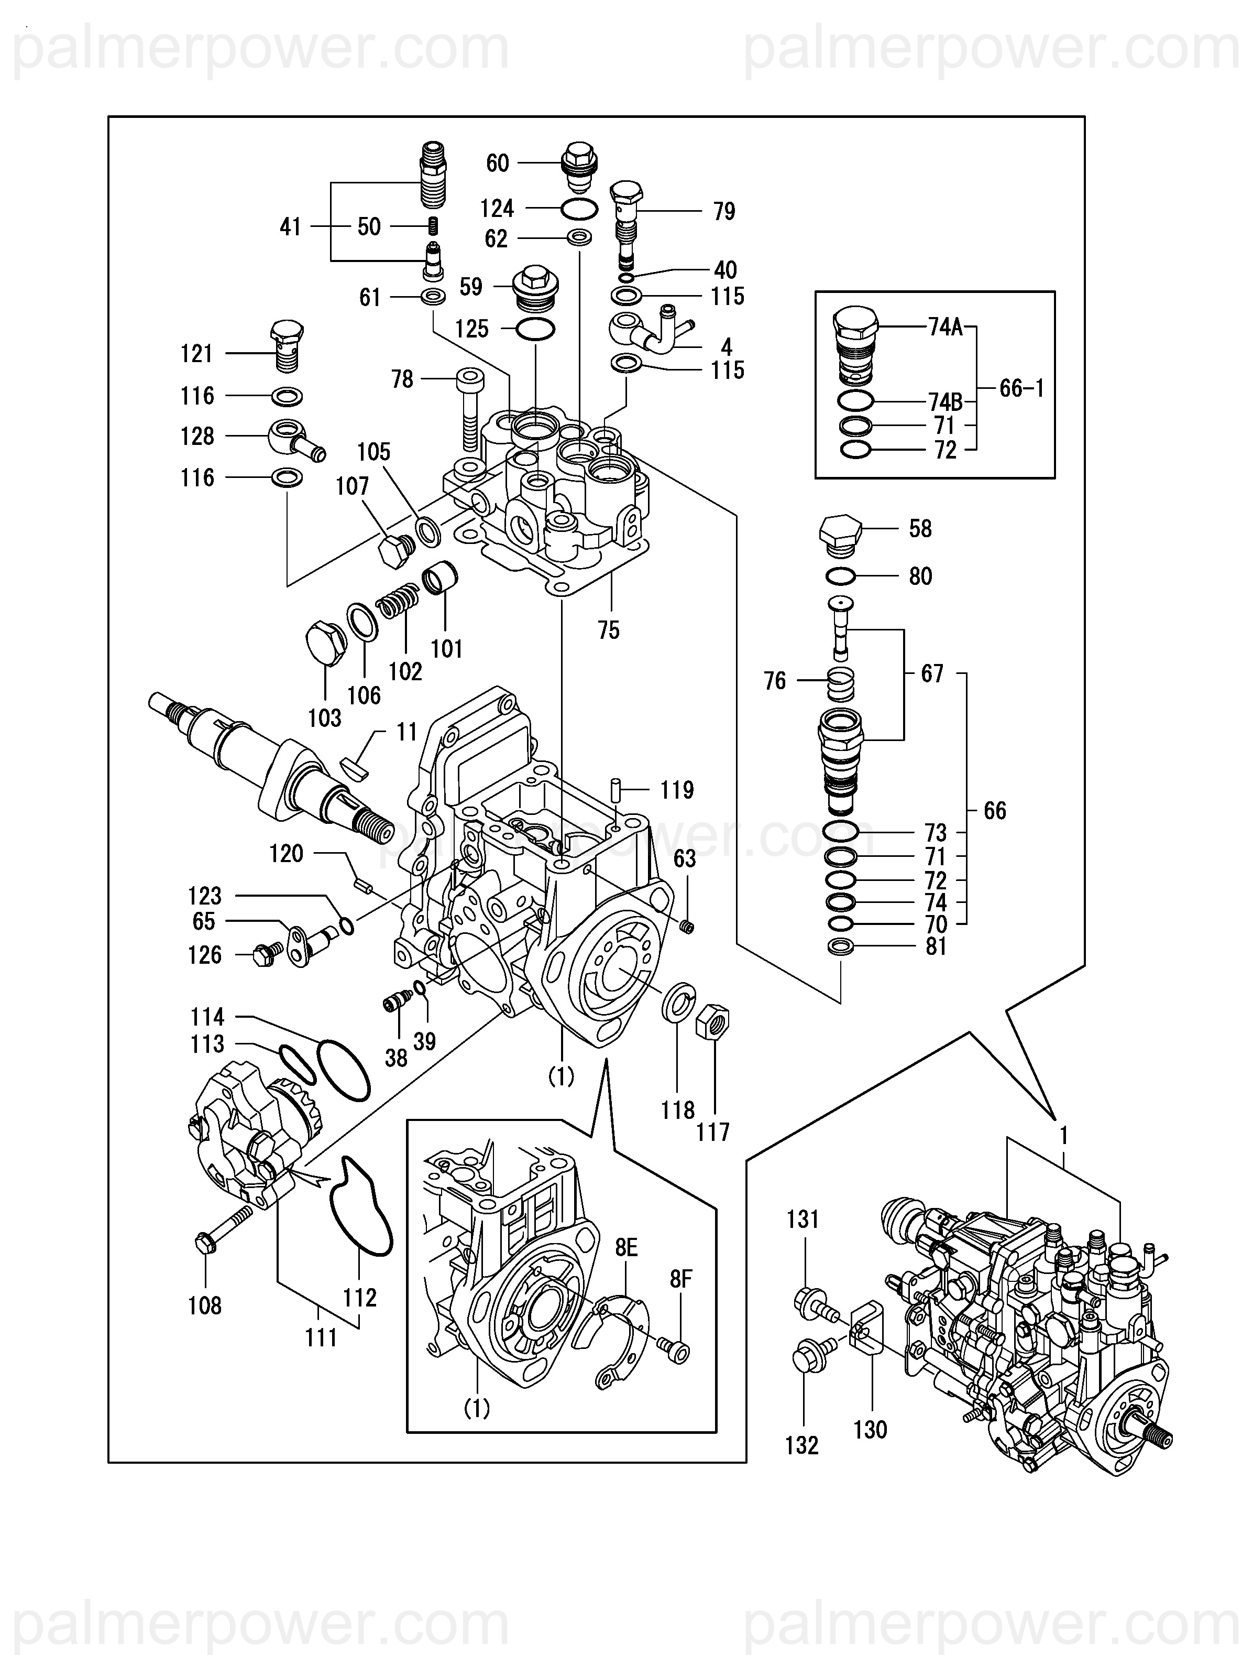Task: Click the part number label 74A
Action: [x=946, y=327]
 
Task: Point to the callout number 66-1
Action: [x=1022, y=388]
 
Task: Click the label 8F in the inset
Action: [x=681, y=1279]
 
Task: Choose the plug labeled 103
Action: [x=327, y=643]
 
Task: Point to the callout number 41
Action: [x=290, y=227]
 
